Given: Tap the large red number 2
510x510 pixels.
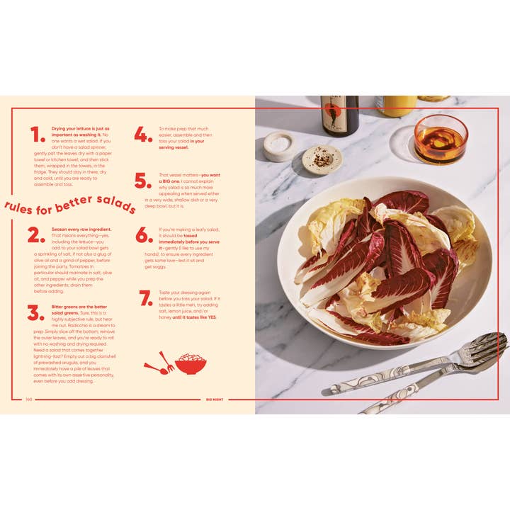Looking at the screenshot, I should pyautogui.click(x=36, y=235).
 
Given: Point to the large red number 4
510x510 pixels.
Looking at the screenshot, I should pyautogui.click(x=143, y=135).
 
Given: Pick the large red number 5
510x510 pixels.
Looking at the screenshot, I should pyautogui.click(x=143, y=181).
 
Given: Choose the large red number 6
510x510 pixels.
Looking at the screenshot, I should pyautogui.click(x=144, y=236).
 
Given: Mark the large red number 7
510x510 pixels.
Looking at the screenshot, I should pyautogui.click(x=146, y=298).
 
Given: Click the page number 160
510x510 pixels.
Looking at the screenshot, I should pyautogui.click(x=29, y=399).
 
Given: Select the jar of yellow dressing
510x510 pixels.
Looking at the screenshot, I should pyautogui.click(x=397, y=106).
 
